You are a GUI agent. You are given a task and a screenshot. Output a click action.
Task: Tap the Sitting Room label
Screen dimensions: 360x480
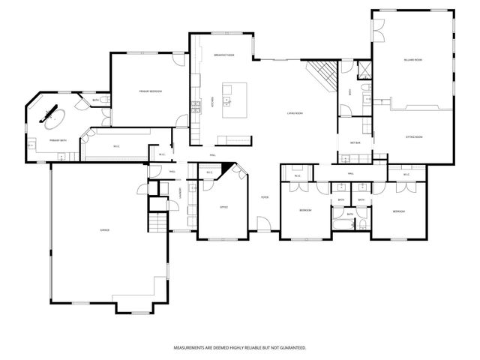click(x=414, y=137)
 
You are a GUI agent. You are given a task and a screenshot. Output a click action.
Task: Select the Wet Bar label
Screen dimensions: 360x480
click(x=355, y=142)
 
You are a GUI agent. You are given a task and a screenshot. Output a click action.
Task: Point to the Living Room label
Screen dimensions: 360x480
click(x=294, y=113)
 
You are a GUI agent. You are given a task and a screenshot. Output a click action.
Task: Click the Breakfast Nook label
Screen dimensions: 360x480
click(x=224, y=55)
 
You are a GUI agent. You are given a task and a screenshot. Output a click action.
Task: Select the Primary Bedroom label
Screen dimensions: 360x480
click(x=151, y=91)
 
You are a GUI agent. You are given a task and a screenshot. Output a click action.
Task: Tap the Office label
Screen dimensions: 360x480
click(x=223, y=207)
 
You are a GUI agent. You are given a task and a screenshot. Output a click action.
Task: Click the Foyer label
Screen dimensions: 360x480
click(x=265, y=197)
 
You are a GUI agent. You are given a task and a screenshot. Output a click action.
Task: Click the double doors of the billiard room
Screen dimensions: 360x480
click(x=379, y=31)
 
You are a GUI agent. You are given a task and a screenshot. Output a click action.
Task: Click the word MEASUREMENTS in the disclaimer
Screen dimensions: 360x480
click(x=191, y=348)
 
